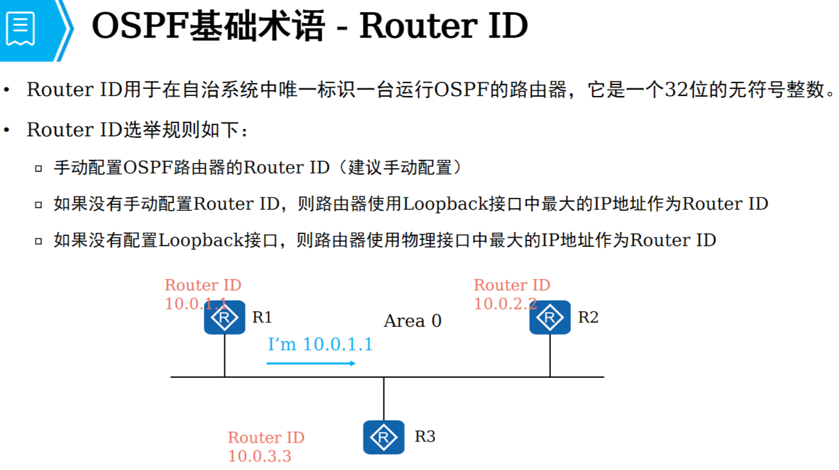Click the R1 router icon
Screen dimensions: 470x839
224,317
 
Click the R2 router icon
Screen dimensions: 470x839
550,317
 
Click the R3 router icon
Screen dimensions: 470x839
383,437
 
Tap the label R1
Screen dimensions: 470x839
262,317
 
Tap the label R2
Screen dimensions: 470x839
588,317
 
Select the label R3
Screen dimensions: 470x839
425,436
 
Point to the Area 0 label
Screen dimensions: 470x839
412,321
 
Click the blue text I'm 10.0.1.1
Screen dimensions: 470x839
320,344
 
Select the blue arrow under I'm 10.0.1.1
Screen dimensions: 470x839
311,364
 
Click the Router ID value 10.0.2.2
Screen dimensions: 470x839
505,304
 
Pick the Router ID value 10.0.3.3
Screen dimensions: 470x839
260,456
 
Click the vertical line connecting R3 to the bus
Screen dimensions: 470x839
383,398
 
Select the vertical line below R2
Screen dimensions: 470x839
550,355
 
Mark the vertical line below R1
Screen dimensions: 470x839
224,355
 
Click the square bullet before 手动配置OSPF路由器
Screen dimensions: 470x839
39,169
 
